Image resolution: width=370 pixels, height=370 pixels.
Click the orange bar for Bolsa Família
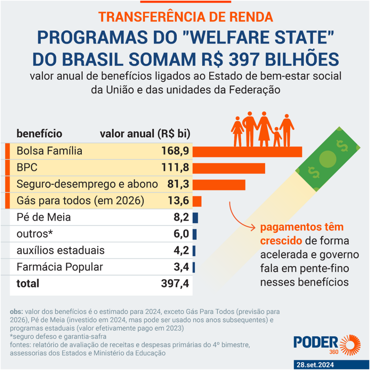coord(247,151)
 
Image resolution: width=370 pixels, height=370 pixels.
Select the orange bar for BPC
coord(229,168)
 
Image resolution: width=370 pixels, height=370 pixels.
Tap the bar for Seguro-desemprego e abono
coord(219,184)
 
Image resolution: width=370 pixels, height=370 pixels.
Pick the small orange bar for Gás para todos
coord(197,201)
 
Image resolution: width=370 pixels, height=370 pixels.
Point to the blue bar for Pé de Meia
coord(195,218)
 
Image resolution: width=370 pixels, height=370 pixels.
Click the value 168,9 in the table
coord(175,151)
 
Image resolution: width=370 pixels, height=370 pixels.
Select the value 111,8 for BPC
coord(176,168)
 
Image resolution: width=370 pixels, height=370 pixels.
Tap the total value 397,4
coord(175,284)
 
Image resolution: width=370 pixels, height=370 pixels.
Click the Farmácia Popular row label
coord(60,267)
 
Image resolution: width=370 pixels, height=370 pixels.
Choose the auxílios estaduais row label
coord(60,250)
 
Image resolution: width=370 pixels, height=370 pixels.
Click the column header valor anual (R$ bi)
coord(145,134)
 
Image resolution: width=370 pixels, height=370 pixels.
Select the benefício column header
coord(39,134)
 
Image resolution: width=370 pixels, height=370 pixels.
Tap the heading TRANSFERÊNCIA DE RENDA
coord(185,17)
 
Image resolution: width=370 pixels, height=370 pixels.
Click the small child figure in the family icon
coord(277,137)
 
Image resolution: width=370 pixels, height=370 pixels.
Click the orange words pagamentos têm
coord(302,228)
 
